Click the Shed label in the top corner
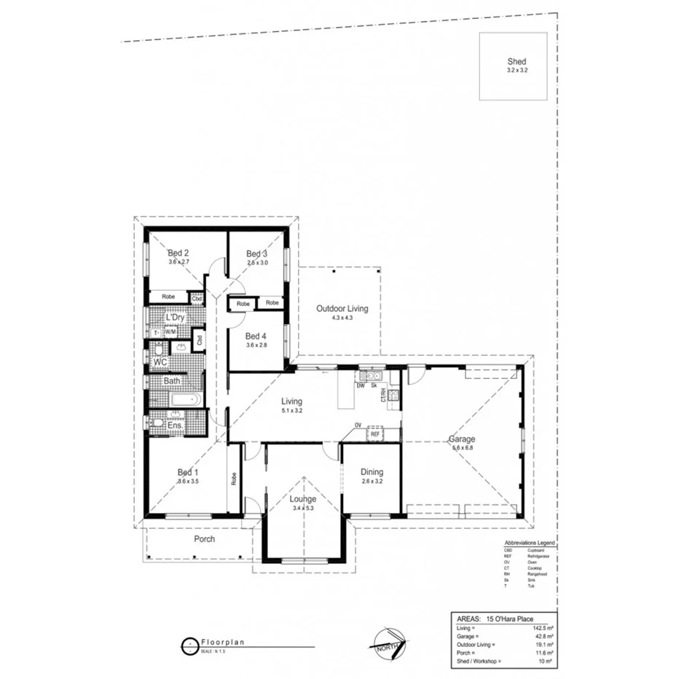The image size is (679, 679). (x=516, y=62)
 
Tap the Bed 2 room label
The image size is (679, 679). (x=178, y=253)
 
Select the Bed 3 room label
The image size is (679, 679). (x=257, y=253)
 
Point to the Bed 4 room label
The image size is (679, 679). (x=256, y=336)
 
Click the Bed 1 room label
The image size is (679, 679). (x=188, y=472)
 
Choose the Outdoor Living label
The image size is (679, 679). (x=342, y=309)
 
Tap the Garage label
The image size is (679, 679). (x=462, y=439)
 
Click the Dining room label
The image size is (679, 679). (x=372, y=472)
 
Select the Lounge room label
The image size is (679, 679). (x=302, y=499)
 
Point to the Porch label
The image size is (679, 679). (x=204, y=539)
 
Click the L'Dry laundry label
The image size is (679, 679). (x=174, y=318)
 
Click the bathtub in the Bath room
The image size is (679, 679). (x=178, y=399)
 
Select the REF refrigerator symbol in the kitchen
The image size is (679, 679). (x=374, y=433)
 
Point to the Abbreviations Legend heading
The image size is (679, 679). (x=530, y=543)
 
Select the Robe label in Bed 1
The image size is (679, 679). (x=234, y=478)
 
